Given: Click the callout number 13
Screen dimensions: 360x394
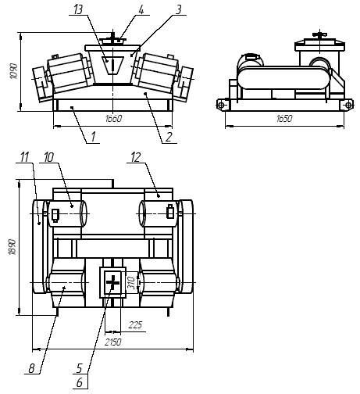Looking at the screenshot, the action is click(78, 9).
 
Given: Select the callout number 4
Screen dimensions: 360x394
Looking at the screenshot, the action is click(141, 10).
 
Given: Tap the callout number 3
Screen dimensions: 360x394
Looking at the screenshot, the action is click(178, 9).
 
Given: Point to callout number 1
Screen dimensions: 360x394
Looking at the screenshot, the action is click(93, 137).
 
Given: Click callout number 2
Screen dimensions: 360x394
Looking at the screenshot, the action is click(169, 137).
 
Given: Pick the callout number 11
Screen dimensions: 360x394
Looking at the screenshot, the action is click(24, 157).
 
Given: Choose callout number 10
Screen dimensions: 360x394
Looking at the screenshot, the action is click(48, 157).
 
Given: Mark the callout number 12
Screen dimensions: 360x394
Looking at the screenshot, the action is click(136, 157).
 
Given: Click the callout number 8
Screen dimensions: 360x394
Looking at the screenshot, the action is click(31, 368).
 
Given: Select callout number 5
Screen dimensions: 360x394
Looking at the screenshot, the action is click(80, 368).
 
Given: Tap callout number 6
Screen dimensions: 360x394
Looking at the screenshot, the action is click(80, 382).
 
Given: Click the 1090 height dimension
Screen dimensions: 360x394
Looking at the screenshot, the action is click(13, 71).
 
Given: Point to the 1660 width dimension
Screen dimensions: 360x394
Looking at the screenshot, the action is click(113, 119).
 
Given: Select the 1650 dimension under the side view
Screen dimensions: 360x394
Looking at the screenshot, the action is click(284, 119).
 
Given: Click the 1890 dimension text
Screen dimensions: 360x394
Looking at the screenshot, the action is click(12, 247).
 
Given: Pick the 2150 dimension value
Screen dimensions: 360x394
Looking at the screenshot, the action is click(113, 342).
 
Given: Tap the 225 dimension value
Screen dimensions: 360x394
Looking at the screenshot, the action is click(135, 325).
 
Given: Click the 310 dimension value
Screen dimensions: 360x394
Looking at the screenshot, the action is click(133, 283).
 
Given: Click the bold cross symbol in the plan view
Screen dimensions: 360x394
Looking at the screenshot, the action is click(113, 282).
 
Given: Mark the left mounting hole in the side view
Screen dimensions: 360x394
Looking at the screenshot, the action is click(221, 106).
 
